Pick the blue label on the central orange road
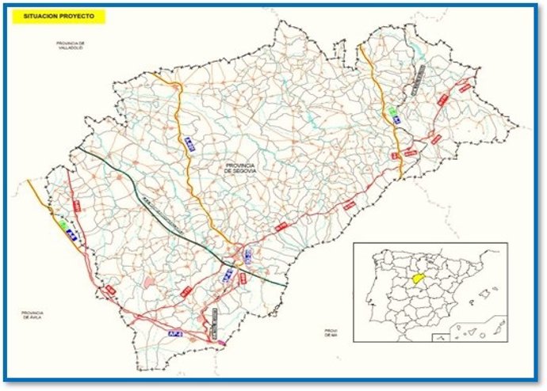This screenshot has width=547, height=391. [189, 142]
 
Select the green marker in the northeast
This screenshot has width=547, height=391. [392, 111]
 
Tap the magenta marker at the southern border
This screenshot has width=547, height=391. [222, 344]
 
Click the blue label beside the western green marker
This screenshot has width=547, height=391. [70, 234]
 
